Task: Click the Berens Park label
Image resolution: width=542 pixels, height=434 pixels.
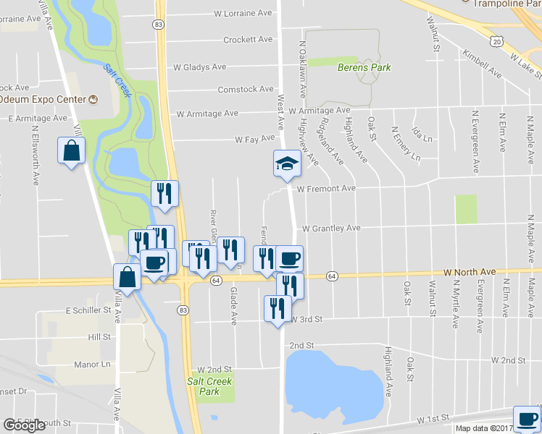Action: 364,67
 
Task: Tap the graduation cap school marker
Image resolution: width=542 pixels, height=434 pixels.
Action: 286,164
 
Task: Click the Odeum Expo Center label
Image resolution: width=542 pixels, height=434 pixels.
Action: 43,98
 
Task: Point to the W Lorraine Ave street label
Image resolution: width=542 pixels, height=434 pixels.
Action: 243,13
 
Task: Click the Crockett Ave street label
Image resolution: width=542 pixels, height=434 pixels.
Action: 248,40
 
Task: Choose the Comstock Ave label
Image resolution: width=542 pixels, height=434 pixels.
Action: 246,90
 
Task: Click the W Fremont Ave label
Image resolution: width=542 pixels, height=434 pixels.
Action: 326,189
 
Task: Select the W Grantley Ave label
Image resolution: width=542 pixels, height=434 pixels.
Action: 331,228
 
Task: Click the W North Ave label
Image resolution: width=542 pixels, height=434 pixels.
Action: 470,272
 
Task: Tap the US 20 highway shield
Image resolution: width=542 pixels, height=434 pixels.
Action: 496,42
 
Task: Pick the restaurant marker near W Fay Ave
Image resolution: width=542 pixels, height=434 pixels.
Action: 164,194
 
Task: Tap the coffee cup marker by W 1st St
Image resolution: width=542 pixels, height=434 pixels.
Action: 527,419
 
